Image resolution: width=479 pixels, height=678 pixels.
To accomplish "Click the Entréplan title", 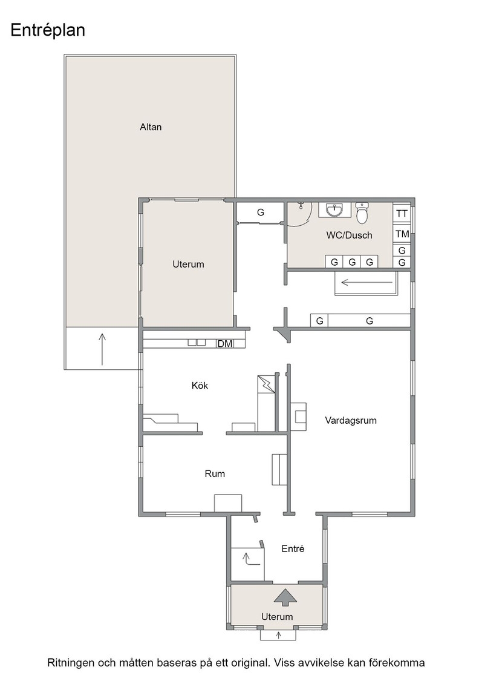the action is (x=48, y=30).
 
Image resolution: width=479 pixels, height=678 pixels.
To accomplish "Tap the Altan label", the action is (x=151, y=127).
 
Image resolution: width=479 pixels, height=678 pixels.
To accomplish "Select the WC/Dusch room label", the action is (x=349, y=235).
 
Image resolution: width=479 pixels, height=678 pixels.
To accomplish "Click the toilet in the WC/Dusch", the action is (x=362, y=212).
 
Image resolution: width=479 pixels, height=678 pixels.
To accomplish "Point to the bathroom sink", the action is (x=334, y=209).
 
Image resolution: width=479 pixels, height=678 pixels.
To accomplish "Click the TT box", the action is (x=402, y=213).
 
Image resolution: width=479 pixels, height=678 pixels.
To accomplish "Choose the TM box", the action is (x=402, y=234).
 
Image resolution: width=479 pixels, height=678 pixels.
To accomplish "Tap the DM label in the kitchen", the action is (x=224, y=344).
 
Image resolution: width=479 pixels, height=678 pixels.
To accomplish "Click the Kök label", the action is (x=200, y=385).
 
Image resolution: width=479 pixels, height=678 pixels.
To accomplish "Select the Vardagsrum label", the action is (x=351, y=420).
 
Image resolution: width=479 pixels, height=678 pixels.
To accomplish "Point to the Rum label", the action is (x=215, y=473).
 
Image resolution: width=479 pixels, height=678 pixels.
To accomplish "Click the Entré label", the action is (x=293, y=548).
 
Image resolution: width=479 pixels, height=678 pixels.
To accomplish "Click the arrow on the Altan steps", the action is (x=102, y=349).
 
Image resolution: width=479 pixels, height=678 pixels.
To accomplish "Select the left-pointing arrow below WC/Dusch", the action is (x=367, y=283).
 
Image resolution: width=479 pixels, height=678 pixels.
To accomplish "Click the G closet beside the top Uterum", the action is (x=261, y=212).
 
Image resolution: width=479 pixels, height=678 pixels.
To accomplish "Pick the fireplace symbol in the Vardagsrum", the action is (x=298, y=416).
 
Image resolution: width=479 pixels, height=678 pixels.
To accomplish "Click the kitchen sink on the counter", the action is (x=197, y=343).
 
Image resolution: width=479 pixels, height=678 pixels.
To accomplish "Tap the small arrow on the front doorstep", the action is (x=279, y=635).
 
